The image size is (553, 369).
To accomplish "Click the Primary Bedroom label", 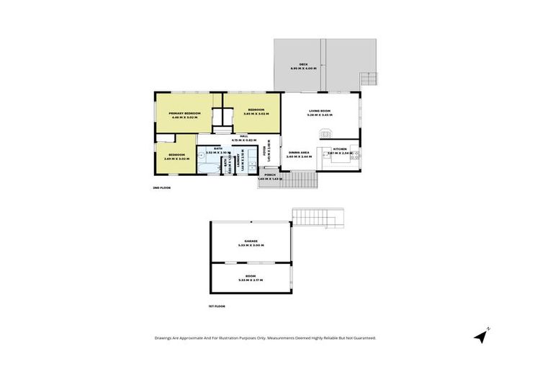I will coord(184,115).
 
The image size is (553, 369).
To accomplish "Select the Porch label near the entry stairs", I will coord(270,176).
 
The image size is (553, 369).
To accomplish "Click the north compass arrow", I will coord(481,336).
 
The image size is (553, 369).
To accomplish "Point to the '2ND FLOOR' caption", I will coord(161,187).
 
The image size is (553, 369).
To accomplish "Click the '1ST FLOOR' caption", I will coord(217,306).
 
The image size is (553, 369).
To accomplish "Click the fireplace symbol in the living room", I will coord(326,133).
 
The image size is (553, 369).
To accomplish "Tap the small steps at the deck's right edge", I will coord(368,78).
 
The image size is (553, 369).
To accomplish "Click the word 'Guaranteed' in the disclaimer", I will coord(360,337).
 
